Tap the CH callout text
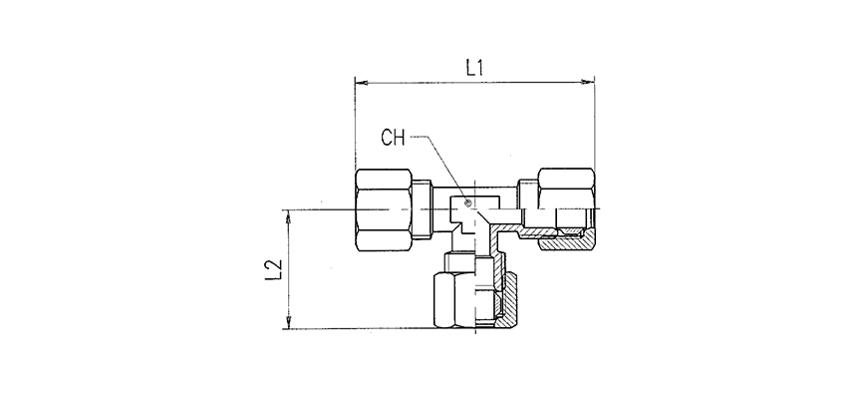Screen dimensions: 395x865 click(395, 139)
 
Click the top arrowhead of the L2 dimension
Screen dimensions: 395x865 click(289, 214)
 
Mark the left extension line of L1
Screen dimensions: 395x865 click(355, 120)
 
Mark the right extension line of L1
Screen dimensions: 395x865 click(594, 120)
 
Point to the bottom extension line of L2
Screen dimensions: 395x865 click(359, 329)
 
